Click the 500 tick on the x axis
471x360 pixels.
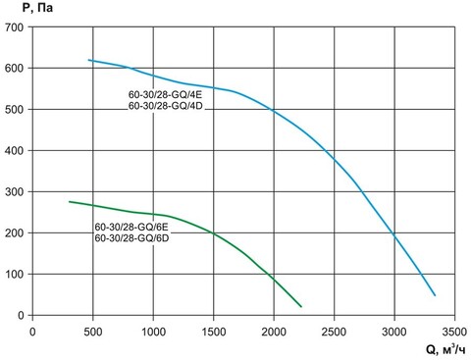click(93, 330)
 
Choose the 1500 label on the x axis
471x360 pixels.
click(214, 330)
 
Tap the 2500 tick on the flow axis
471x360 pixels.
click(335, 330)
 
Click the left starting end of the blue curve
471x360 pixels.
click(89, 60)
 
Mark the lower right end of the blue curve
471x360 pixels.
click(435, 295)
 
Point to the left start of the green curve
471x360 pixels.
click(69, 201)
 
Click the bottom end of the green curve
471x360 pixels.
click(301, 306)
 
